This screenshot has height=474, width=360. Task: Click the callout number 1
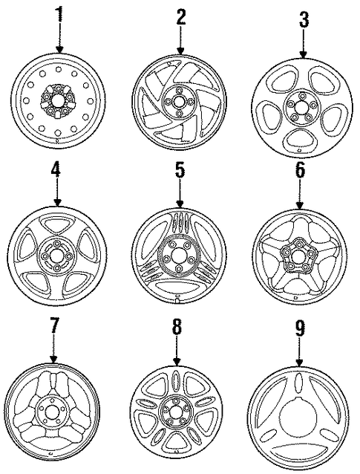coord(59,13)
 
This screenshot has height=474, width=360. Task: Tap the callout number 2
coord(180,18)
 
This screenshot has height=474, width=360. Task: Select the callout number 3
coord(304,19)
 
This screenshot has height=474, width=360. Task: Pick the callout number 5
coord(180,170)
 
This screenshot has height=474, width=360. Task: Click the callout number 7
coord(53,326)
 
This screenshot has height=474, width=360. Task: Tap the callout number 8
coord(177,326)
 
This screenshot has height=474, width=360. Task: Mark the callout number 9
coord(300,328)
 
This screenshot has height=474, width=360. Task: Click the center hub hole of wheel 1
coord(58,100)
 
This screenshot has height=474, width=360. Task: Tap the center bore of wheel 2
coord(179,102)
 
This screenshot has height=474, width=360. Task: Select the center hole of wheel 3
coord(301,107)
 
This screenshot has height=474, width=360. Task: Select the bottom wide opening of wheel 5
coord(177,287)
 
